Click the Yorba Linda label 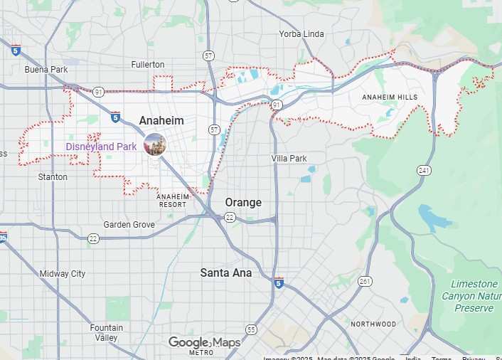(301, 33)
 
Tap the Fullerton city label (148, 65)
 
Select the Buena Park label (46, 70)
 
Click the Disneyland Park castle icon (154, 144)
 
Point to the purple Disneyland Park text (101, 147)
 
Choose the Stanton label (53, 177)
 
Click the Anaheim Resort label (172, 200)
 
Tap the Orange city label (243, 203)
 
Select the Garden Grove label (129, 225)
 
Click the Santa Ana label (225, 272)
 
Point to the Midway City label (63, 274)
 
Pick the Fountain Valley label (106, 333)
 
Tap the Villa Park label (289, 159)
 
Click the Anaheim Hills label (388, 97)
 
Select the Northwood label (373, 324)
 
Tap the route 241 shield (424, 171)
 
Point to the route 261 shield (365, 282)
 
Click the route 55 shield (251, 329)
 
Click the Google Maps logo (204, 344)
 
